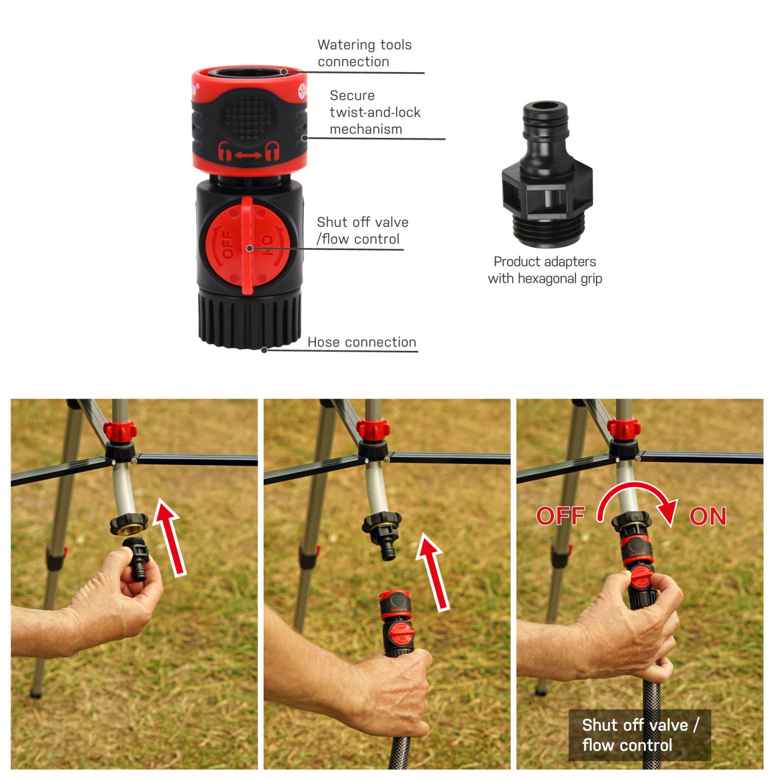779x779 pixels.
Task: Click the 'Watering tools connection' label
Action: [x=364, y=53]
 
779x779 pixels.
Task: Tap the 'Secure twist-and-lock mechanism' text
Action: [x=374, y=112]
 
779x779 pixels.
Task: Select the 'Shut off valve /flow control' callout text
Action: [x=362, y=231]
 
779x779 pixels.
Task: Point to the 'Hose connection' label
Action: [x=362, y=342]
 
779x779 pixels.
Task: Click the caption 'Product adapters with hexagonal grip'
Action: [x=545, y=270]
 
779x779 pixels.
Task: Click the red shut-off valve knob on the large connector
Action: [x=247, y=246]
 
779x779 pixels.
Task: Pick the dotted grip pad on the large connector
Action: [x=249, y=116]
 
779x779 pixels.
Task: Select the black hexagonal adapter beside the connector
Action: [x=547, y=175]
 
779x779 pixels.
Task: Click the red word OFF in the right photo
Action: [x=560, y=516]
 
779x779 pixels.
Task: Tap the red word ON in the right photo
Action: [x=707, y=516]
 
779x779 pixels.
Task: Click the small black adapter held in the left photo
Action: [x=137, y=557]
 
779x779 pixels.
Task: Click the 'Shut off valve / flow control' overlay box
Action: [x=639, y=735]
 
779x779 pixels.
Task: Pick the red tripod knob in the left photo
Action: [x=120, y=431]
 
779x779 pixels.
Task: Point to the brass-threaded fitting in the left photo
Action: [x=129, y=525]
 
